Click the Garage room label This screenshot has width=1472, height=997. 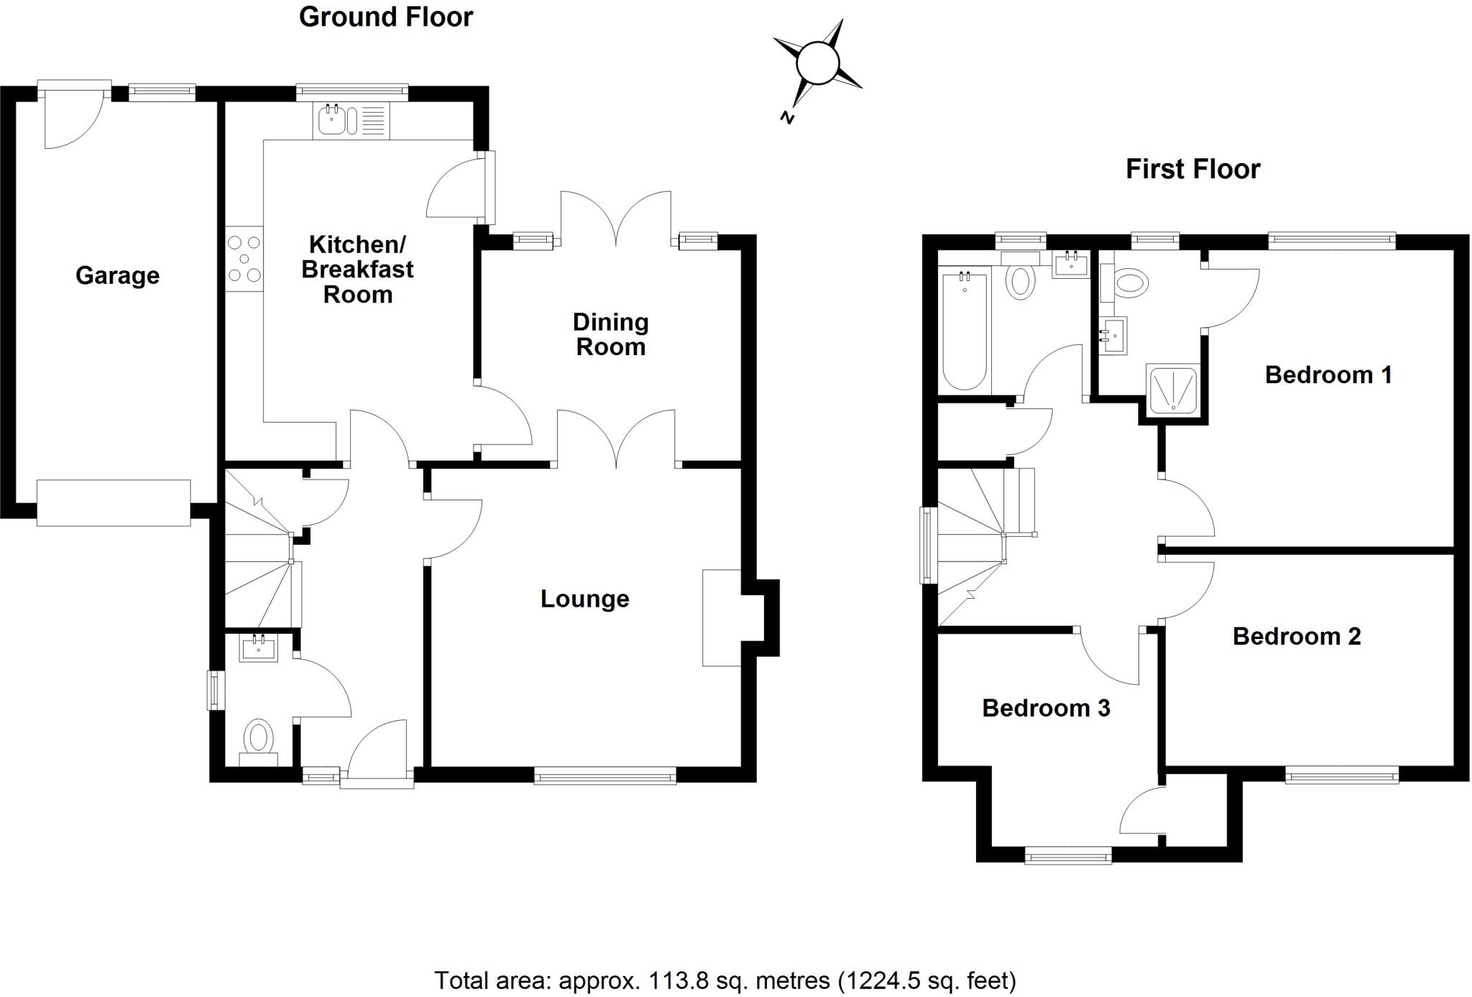coord(117,275)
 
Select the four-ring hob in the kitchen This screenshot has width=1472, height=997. coord(244,259)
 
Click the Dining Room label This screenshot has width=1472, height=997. coord(610,334)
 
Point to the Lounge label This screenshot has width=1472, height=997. coord(584,599)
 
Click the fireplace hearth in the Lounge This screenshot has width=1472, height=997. coord(721,618)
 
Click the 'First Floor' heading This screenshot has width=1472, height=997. coord(1192,170)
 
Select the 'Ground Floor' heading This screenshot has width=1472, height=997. coord(386,17)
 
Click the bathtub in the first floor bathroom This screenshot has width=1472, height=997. coord(964,331)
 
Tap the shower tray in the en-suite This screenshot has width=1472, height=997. coord(1172,390)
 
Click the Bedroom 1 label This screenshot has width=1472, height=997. coord(1328,375)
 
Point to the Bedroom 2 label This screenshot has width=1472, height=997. coord(1297,636)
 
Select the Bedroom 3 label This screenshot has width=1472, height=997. coord(1046,708)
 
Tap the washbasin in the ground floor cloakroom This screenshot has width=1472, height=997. coord(259,648)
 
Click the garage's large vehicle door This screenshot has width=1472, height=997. coord(114,503)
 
